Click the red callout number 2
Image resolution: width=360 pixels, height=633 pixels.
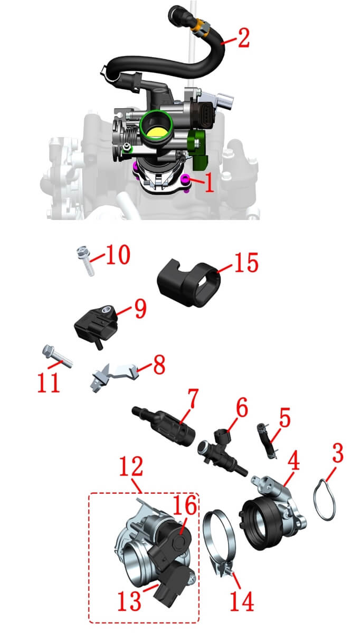click(244, 37)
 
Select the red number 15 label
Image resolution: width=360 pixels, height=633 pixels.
click(247, 263)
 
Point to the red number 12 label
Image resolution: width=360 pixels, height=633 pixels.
click(131, 466)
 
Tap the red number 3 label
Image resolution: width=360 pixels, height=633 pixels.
click(337, 453)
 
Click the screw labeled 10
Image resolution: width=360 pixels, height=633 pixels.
click(86, 261)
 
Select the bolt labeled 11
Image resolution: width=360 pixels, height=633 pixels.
click(58, 357)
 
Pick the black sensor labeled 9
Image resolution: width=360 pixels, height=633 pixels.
click(96, 325)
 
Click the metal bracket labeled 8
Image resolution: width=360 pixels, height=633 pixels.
click(115, 375)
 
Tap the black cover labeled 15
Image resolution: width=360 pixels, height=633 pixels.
click(188, 283)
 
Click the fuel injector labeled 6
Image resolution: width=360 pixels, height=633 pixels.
click(222, 453)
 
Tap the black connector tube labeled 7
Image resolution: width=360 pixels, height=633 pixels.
click(164, 428)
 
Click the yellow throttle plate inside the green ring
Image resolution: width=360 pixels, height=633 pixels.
click(157, 132)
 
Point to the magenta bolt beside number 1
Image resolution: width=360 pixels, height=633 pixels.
click(185, 178)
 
